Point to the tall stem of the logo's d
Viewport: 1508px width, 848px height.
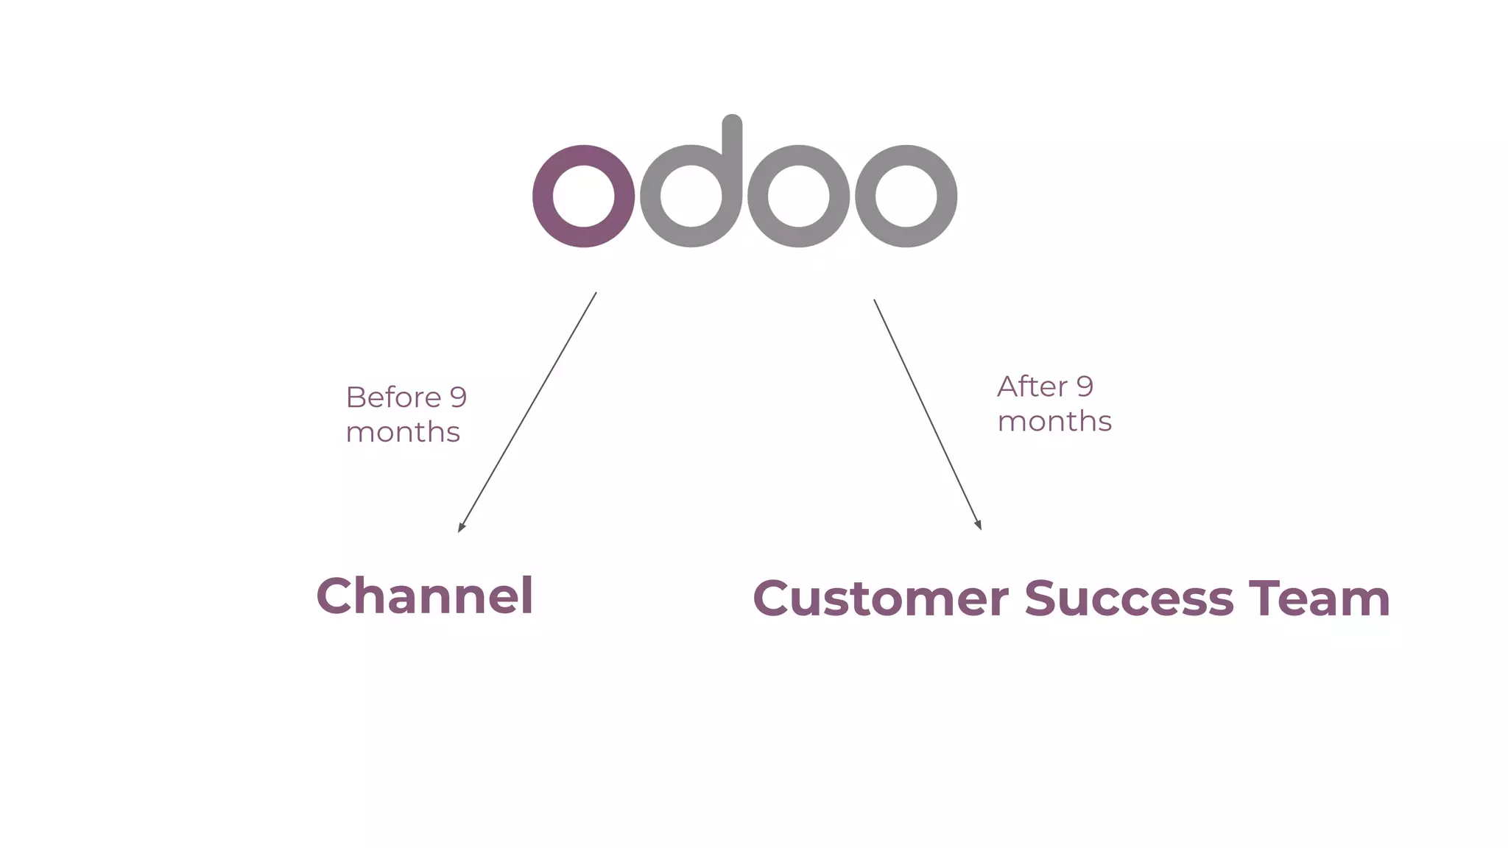[x=732, y=147]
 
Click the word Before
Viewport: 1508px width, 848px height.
[x=393, y=397]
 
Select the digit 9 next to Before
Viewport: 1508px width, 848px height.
[x=458, y=397]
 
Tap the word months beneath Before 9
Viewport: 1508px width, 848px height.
[x=403, y=432]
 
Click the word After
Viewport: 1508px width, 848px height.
[x=1032, y=386]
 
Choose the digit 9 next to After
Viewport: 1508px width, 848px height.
[x=1085, y=386]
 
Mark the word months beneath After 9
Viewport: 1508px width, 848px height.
[x=1054, y=422]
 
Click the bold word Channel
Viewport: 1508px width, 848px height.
[x=425, y=596]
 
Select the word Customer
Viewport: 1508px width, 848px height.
[x=880, y=598]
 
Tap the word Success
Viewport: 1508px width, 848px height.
[x=1129, y=598]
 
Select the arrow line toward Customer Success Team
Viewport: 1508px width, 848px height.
[x=928, y=414]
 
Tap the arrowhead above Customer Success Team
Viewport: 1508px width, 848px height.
[x=979, y=524]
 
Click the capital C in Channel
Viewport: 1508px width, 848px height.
[x=337, y=596]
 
